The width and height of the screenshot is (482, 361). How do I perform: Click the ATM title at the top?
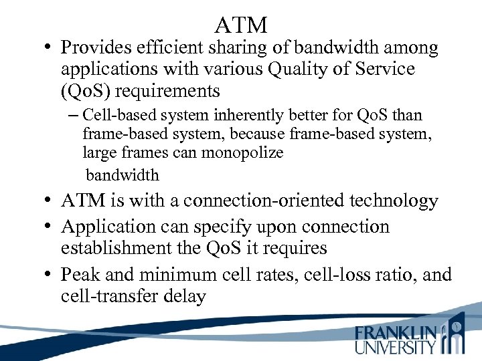(x=241, y=25)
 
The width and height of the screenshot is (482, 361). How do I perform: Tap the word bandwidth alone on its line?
(x=123, y=176)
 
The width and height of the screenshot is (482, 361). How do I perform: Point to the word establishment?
(x=115, y=249)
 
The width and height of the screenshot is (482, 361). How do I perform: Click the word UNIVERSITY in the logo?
(x=396, y=348)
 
